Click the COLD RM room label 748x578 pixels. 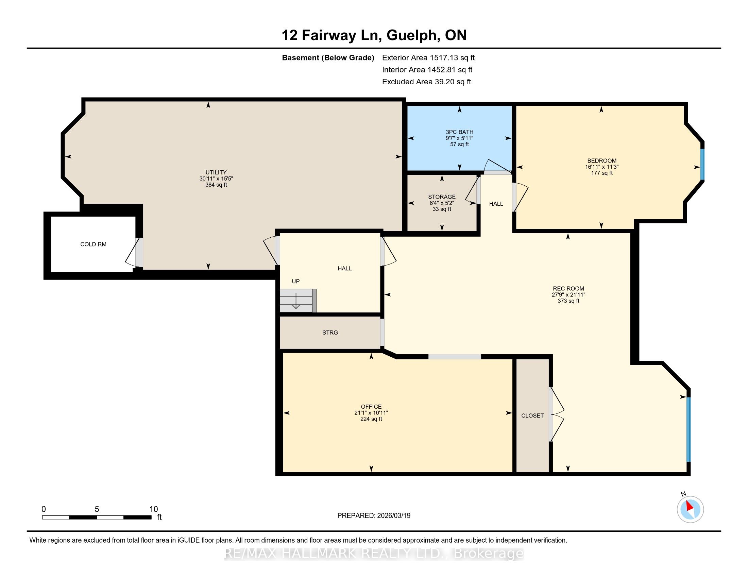93,244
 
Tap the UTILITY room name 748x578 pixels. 216,172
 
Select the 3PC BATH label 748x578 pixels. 460,132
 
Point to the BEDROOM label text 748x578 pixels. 602,160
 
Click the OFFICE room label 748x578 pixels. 371,407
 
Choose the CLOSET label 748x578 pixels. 532,416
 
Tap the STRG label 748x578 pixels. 330,333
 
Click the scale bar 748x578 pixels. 97,517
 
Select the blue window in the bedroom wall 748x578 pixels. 702,164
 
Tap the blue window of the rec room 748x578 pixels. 689,429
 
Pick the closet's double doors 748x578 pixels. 556,414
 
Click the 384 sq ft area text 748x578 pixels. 216,185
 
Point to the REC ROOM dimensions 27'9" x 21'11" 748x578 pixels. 568,294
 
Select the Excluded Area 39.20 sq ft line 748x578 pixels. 427,82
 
